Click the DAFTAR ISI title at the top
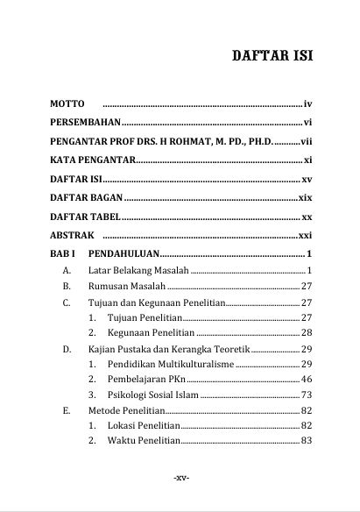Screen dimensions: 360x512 click(272, 57)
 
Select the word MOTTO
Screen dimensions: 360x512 click(67, 103)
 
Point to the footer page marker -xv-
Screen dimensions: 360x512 click(181, 478)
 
